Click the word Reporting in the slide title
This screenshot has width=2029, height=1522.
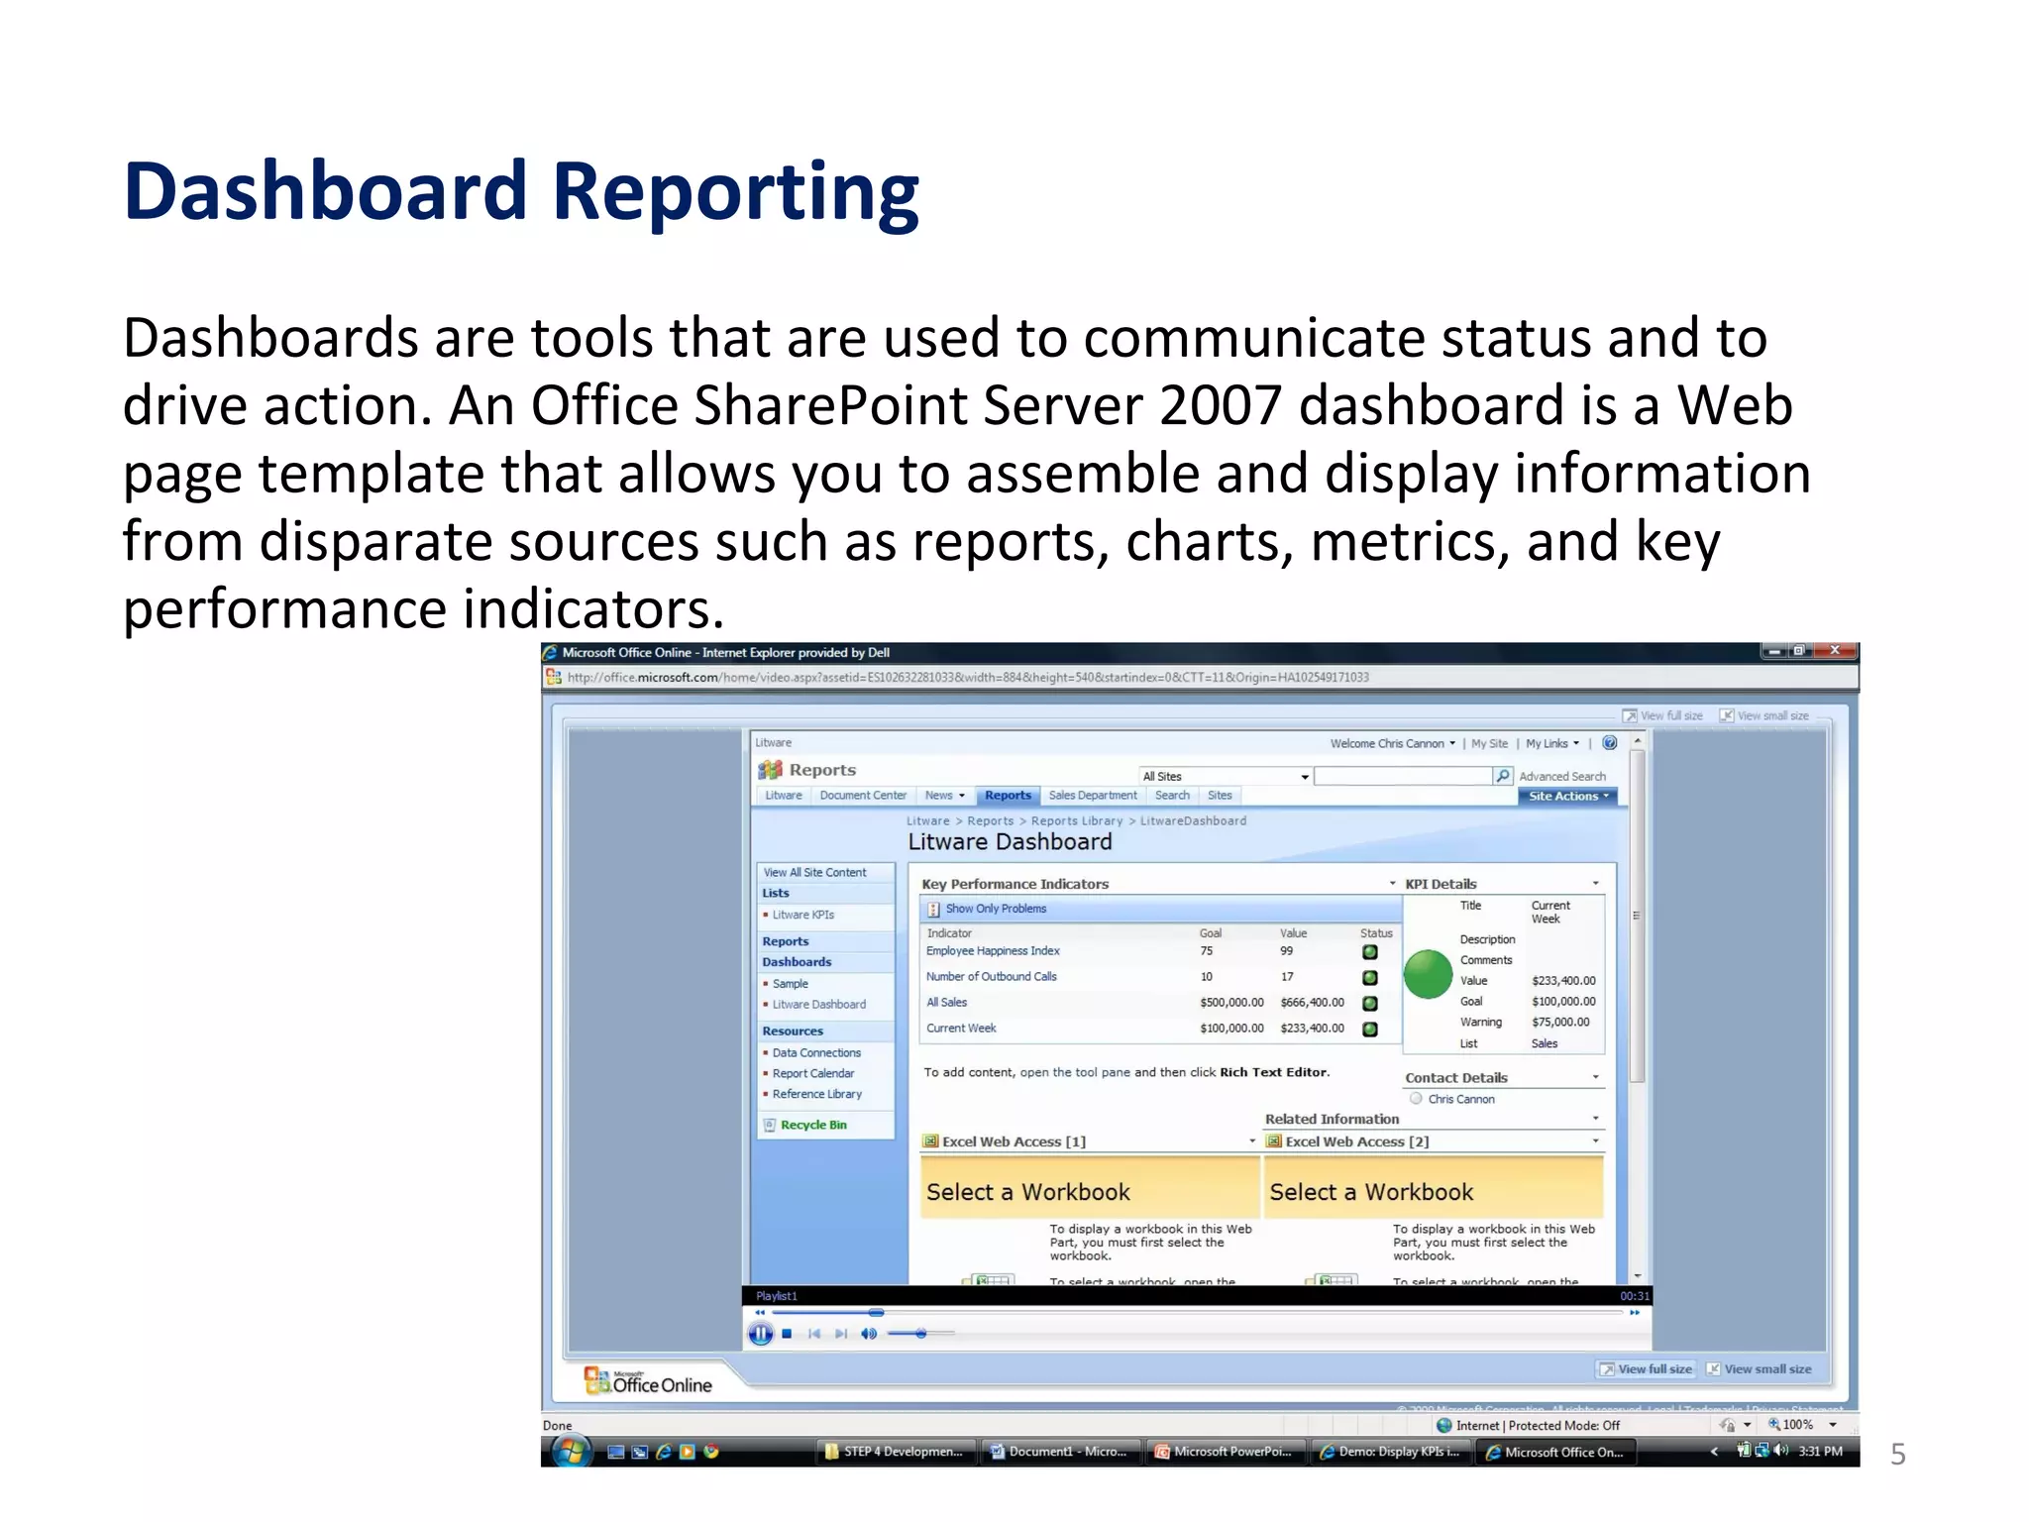pos(735,193)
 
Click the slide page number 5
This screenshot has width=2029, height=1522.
pos(1897,1455)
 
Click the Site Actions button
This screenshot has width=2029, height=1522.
pos(1567,796)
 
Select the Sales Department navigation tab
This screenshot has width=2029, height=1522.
pos(1093,796)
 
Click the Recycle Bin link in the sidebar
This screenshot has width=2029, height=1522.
pos(812,1125)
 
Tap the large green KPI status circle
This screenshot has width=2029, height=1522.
pos(1428,974)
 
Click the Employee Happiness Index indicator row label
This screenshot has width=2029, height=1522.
pos(993,951)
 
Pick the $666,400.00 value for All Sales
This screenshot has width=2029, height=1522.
pos(1312,1003)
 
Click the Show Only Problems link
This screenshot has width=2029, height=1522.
pos(995,909)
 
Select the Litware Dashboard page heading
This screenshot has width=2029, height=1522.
pos(1010,842)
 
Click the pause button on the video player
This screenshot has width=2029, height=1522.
pos(760,1334)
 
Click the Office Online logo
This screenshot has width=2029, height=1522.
pos(649,1382)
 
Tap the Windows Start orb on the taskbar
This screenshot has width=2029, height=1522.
pos(571,1452)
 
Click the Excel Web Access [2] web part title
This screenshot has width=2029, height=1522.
pos(1355,1141)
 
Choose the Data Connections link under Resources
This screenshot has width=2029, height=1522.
pos(816,1053)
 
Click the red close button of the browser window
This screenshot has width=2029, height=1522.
pos(1835,651)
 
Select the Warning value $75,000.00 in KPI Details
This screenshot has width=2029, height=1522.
pos(1560,1023)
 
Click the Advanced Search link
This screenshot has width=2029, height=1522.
pos(1561,777)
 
